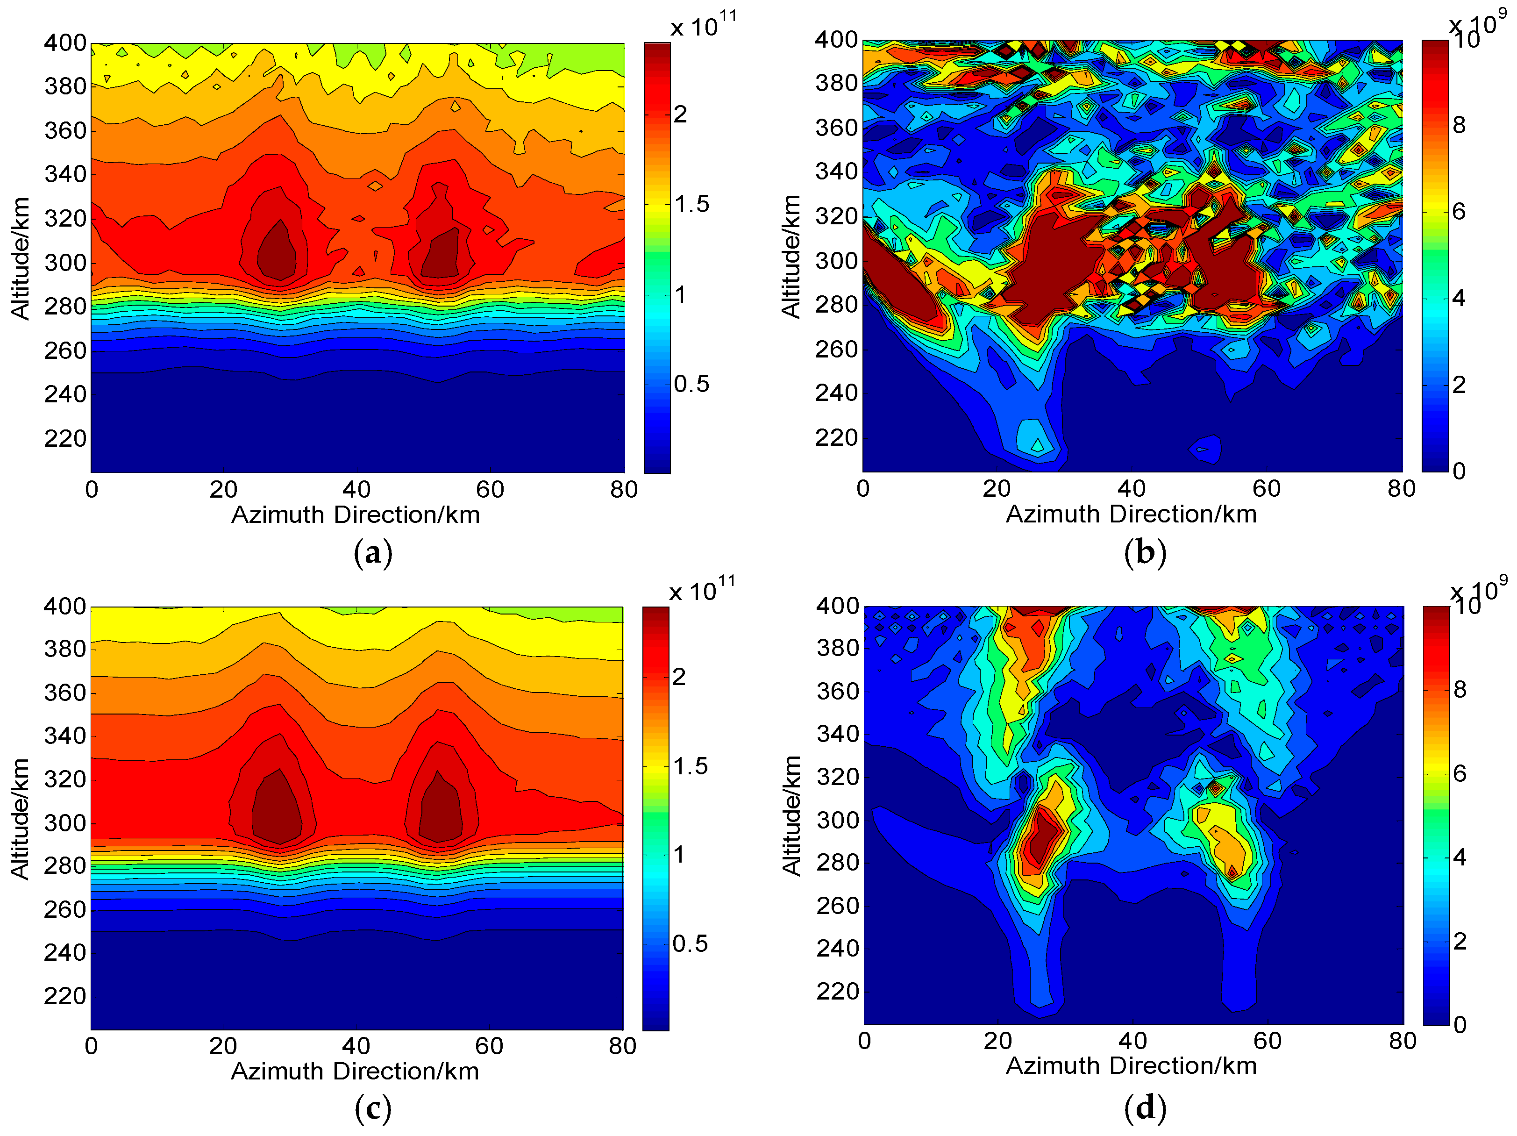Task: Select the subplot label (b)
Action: (1145, 553)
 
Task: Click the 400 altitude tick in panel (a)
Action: (65, 43)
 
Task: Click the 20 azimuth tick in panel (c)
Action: (223, 1046)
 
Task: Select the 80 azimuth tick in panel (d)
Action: (1403, 1041)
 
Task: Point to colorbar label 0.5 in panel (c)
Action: (690, 943)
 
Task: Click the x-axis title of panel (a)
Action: (355, 514)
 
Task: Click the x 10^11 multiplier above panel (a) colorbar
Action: (703, 26)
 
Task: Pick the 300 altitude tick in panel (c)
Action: (65, 822)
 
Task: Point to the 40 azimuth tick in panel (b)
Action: (1132, 488)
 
